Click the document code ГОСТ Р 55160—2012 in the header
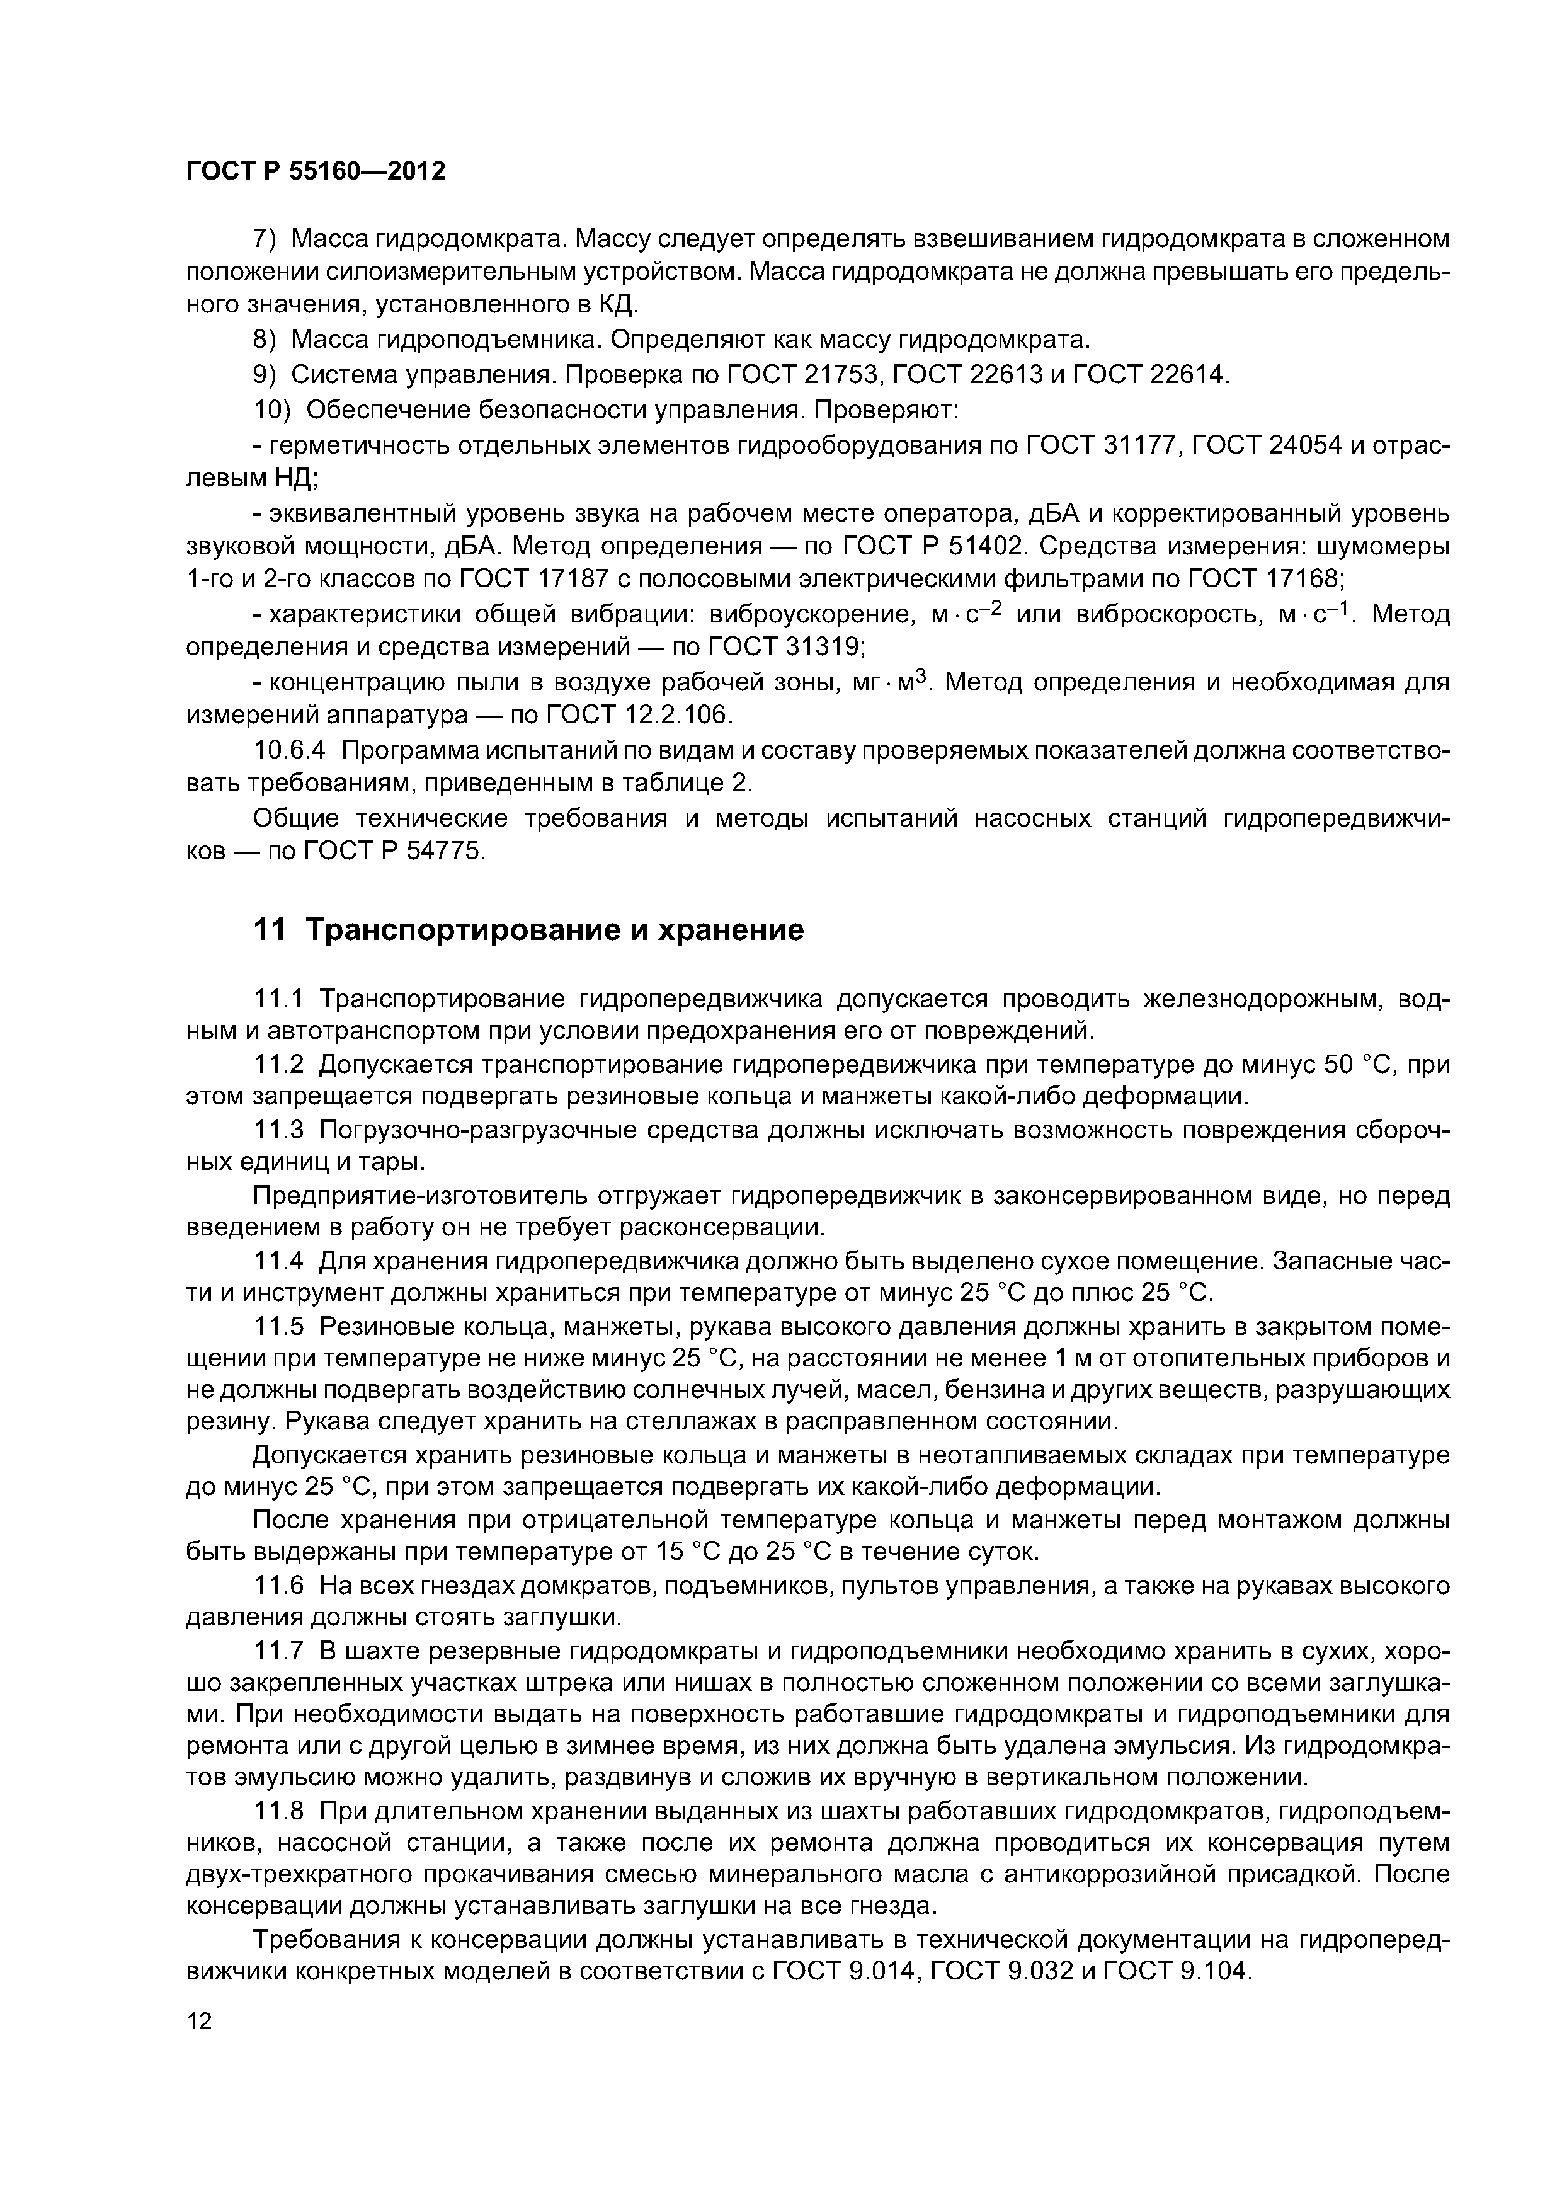click(x=316, y=171)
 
